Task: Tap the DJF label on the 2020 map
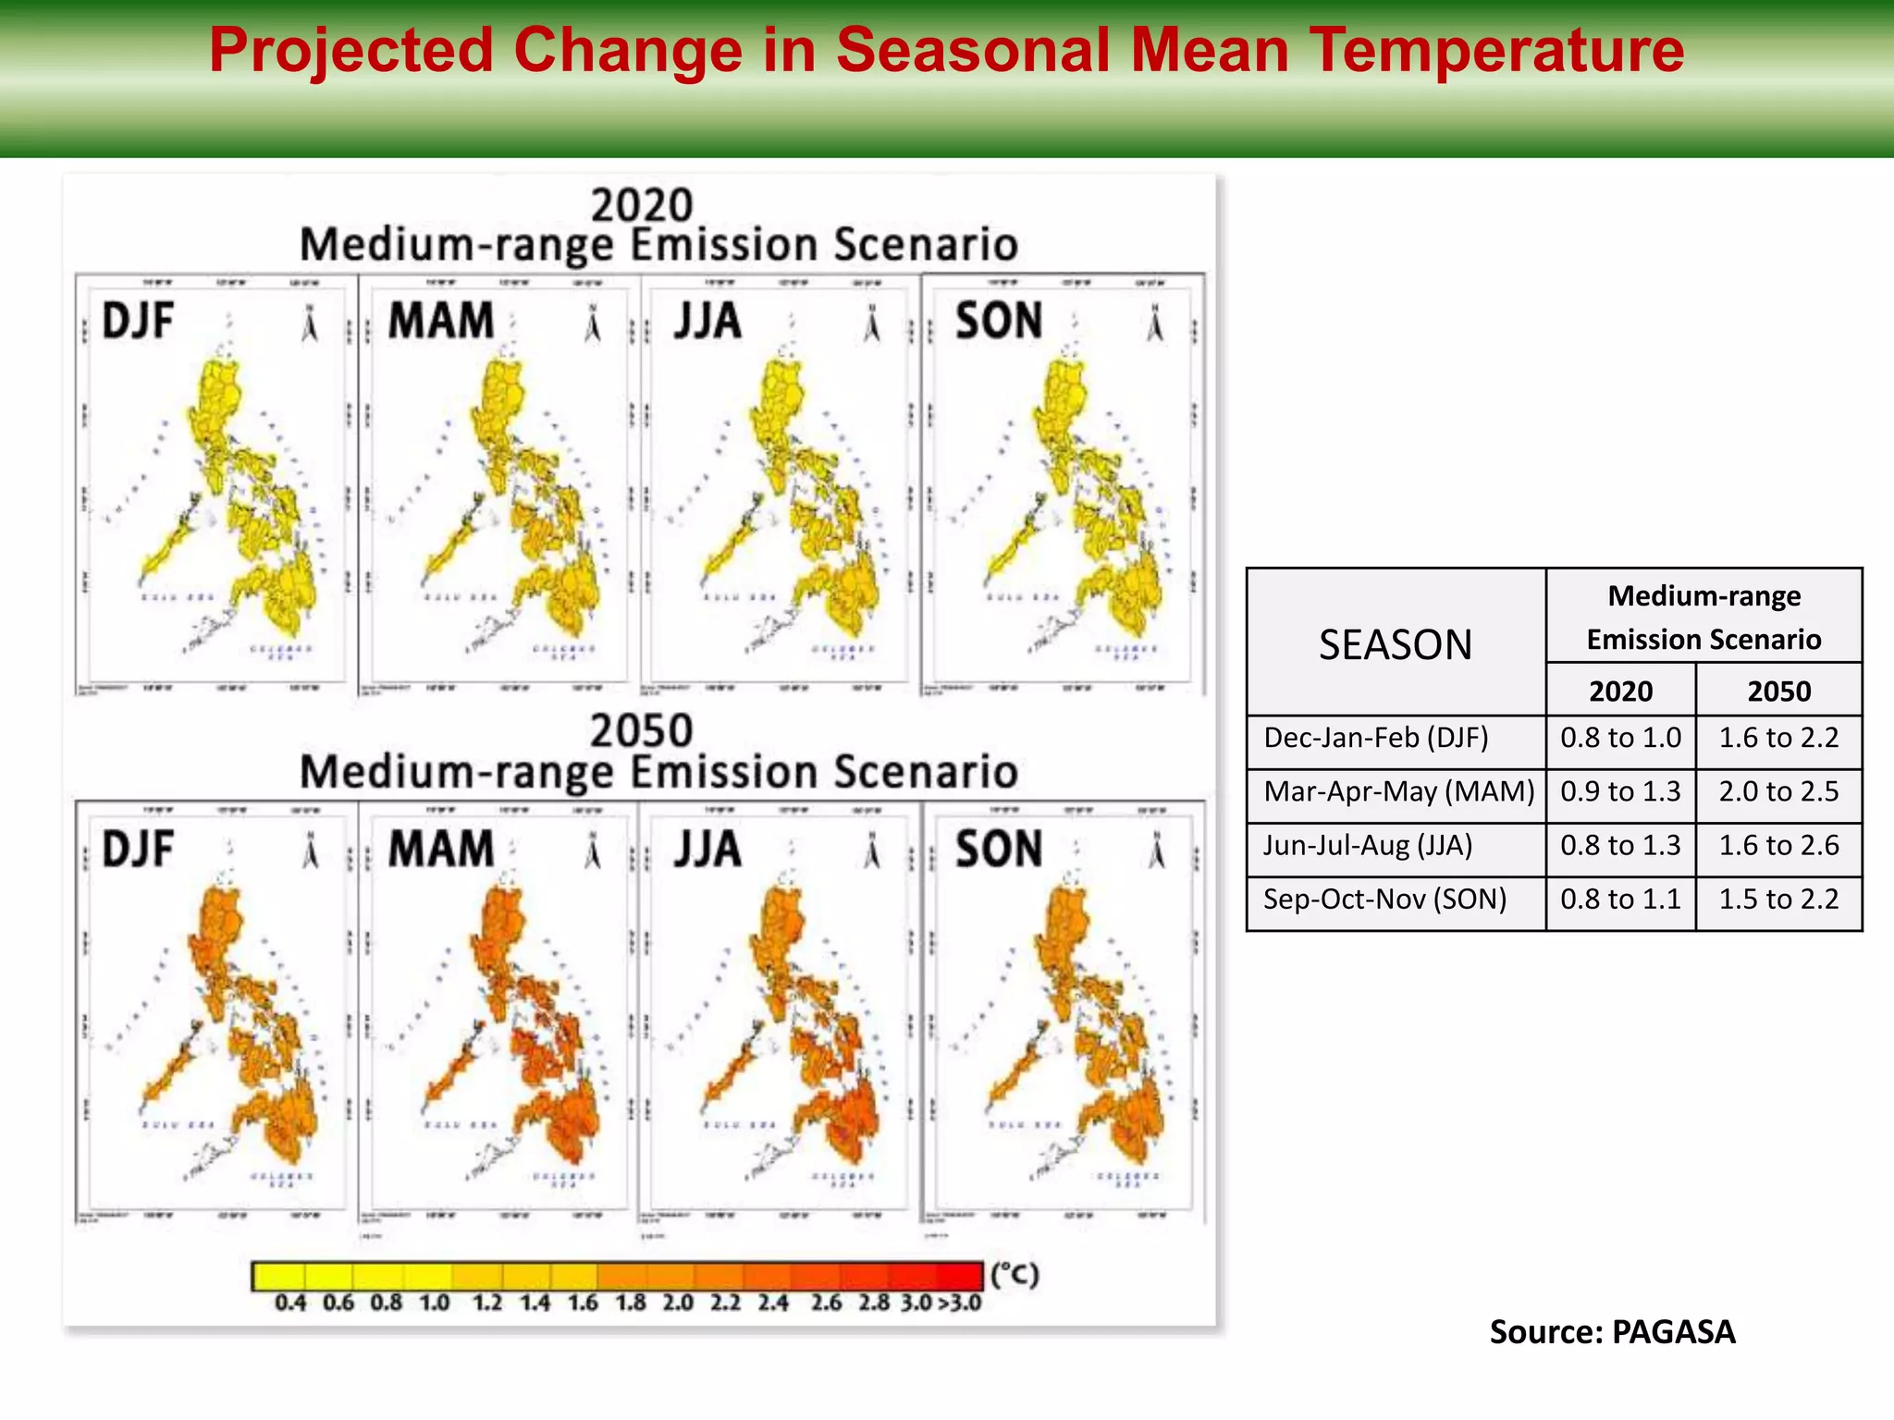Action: (138, 322)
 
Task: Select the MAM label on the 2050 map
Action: (440, 849)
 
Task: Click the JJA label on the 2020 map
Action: (707, 322)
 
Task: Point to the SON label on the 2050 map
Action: (998, 849)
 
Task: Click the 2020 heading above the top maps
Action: (642, 205)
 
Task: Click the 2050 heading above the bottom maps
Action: (642, 730)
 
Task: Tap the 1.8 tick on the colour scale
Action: (631, 1304)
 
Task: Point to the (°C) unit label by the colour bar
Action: (1015, 1275)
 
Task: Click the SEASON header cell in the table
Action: (1395, 644)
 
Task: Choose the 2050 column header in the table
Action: (1778, 692)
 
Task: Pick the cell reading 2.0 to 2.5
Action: (1778, 791)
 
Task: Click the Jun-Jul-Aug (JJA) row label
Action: (1368, 845)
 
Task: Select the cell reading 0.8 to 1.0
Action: (1620, 738)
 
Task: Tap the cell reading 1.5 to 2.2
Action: (1778, 899)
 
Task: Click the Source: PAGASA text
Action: (1612, 1332)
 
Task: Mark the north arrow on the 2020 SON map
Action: (1154, 324)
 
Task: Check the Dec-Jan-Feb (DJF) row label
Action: (1375, 738)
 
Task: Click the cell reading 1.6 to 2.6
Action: (1778, 845)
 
